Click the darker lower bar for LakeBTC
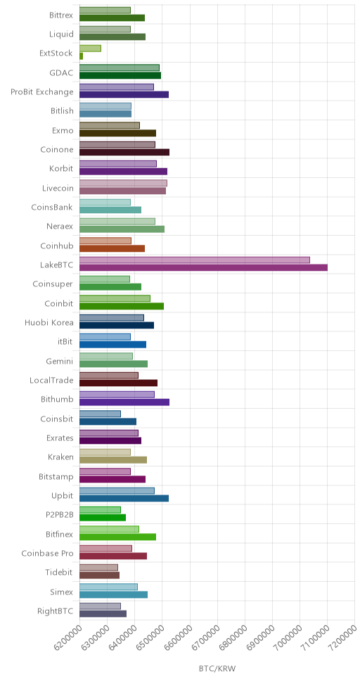203,267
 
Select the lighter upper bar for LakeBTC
195,260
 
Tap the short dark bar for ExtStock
81,56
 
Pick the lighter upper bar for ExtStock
90,49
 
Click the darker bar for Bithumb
124,402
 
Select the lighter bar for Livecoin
123,183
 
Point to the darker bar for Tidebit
99,575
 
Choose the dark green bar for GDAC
120,75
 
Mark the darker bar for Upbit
124,498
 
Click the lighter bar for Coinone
117,145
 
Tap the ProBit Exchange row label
42,92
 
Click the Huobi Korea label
49,323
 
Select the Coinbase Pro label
47,553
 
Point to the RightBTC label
55,611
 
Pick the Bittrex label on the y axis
61,15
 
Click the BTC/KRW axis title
217,668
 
